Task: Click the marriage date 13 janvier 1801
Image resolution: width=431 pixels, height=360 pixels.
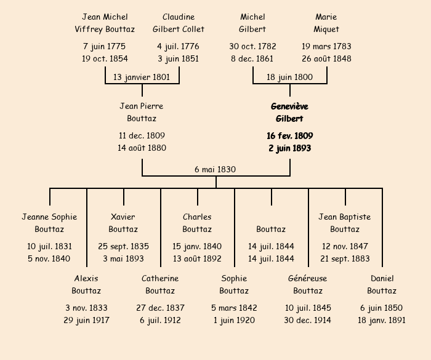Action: [x=142, y=77]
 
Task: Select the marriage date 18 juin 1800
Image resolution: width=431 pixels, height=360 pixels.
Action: [x=289, y=77]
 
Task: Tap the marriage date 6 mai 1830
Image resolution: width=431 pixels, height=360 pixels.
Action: [x=216, y=169]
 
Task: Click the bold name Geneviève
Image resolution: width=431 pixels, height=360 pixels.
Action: [x=289, y=106]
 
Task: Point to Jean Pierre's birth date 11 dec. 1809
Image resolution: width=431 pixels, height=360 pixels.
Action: [x=142, y=135]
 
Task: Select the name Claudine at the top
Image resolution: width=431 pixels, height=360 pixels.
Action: [x=179, y=17]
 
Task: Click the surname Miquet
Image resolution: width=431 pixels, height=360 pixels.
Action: [x=326, y=29]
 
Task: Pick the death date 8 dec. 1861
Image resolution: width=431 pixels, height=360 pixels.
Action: [x=252, y=59]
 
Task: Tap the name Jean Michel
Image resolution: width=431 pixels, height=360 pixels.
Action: [x=105, y=17]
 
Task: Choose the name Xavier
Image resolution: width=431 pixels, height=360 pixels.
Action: [x=123, y=217]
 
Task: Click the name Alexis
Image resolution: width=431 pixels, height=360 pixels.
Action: [x=86, y=278]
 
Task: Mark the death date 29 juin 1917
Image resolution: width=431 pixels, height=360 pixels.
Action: [x=86, y=320]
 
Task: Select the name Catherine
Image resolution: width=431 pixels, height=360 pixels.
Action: [x=160, y=278]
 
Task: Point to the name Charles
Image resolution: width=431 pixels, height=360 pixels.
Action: [x=197, y=217]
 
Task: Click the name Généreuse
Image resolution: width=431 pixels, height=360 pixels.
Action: [x=308, y=278]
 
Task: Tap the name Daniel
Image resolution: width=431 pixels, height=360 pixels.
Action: [x=382, y=278]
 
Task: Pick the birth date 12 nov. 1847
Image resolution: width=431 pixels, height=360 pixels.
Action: [x=345, y=246]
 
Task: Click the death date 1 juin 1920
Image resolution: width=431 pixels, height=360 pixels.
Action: [x=234, y=320]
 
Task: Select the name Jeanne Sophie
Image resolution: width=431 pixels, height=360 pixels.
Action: [x=49, y=217]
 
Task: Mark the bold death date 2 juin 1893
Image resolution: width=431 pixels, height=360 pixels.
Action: [x=289, y=148]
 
